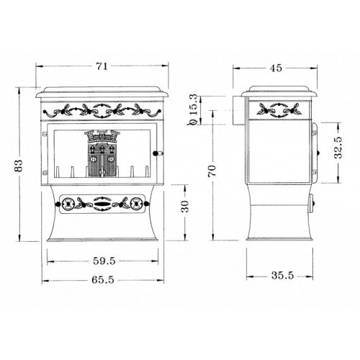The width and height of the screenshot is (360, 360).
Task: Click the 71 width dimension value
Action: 102,66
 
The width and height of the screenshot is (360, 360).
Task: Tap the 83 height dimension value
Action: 19,166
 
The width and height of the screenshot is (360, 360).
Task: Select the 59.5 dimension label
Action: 104,261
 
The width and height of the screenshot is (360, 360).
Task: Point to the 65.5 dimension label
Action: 103,280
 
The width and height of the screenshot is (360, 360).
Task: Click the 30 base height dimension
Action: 185,207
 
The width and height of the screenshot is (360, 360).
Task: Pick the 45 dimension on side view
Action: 276,68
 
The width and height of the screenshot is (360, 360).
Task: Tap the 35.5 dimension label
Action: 282,275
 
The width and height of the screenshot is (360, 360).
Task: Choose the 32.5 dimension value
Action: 338,148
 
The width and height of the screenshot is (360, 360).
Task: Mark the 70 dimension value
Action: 212,171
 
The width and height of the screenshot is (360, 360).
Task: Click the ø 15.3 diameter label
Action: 193,109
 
